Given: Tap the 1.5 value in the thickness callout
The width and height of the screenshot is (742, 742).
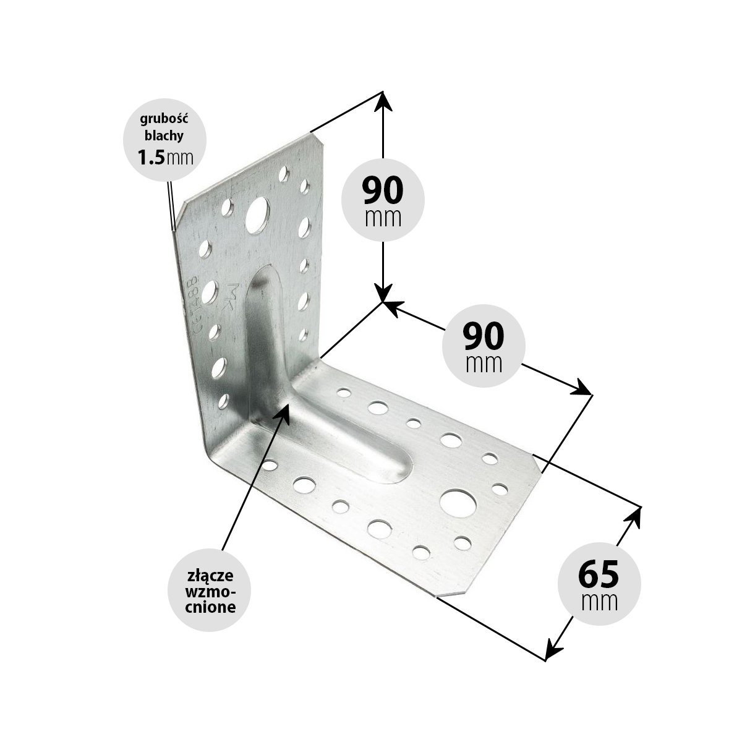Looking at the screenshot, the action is tap(151, 157).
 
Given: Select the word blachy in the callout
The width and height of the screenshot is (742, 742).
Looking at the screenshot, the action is tap(164, 135).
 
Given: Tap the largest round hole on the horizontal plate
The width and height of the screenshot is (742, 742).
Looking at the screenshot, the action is tap(458, 504).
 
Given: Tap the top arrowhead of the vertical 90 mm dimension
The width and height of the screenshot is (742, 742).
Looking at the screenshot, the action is tap(383, 101).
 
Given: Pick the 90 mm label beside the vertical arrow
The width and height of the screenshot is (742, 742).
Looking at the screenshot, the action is tap(383, 200).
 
